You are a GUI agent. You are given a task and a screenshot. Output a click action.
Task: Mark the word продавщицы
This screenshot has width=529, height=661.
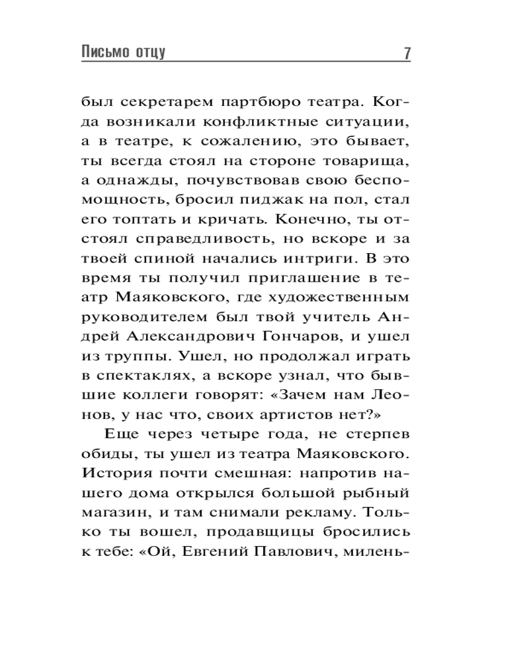coord(252,530)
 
